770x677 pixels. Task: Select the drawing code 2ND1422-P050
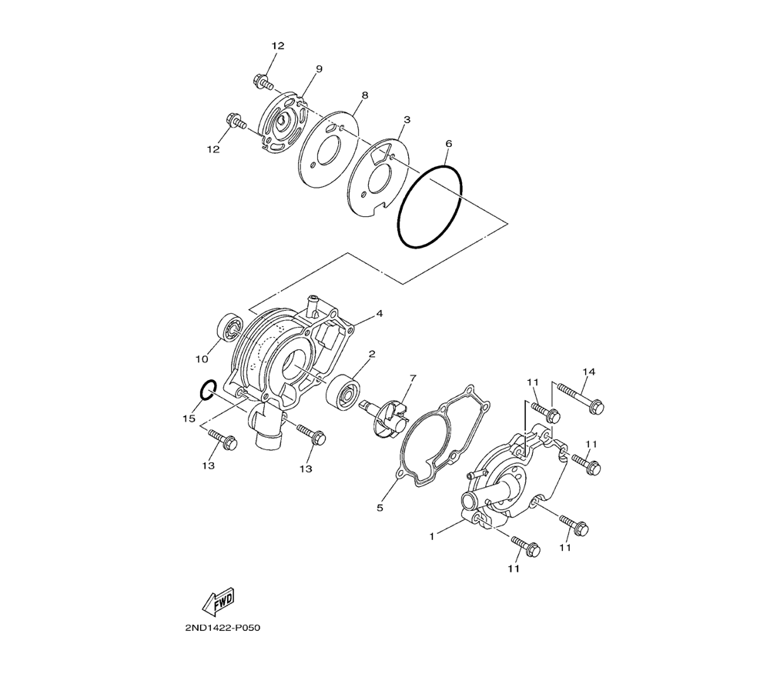click(x=223, y=628)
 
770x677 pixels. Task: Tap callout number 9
click(x=320, y=69)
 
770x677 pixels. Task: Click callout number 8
click(x=364, y=95)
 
